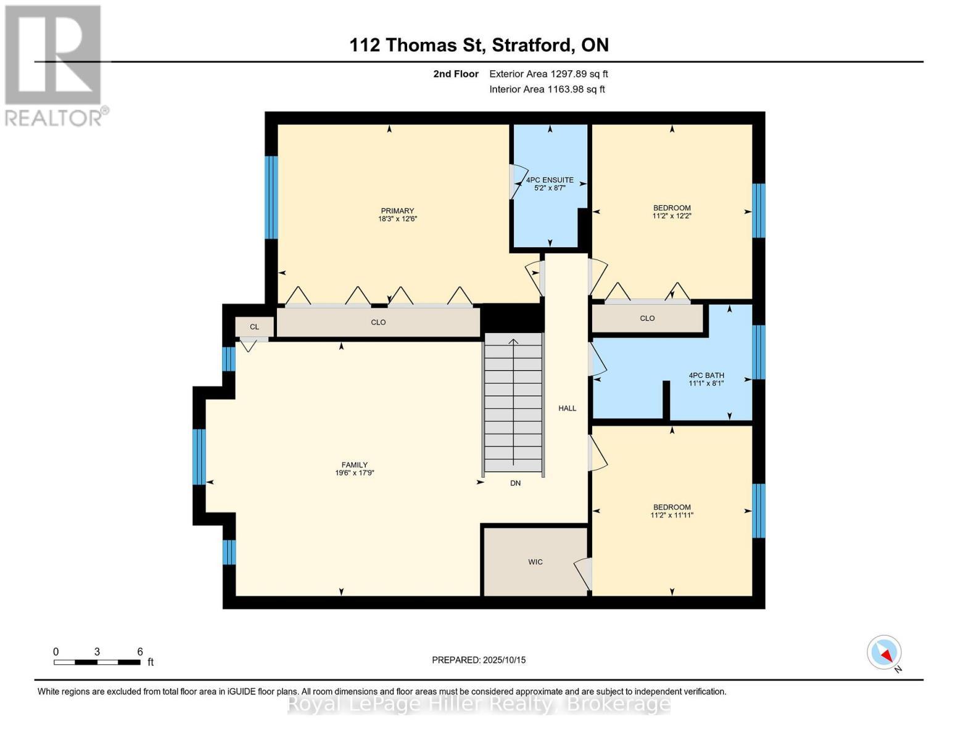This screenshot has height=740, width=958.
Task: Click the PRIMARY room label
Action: click(397, 211)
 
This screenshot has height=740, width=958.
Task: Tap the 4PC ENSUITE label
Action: click(549, 180)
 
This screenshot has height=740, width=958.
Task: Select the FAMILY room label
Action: click(354, 465)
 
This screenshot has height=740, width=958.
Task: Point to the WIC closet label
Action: click(535, 562)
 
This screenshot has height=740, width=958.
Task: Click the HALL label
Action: click(567, 408)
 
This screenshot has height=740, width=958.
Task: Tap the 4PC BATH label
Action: click(706, 375)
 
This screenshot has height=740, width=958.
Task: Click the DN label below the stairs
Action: click(515, 483)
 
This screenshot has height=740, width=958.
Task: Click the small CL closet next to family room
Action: click(254, 327)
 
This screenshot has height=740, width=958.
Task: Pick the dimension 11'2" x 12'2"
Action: click(672, 216)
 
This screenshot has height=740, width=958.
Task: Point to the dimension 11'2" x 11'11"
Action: click(672, 516)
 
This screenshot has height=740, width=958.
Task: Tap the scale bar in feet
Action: click(97, 662)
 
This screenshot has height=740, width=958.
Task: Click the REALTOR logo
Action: click(54, 65)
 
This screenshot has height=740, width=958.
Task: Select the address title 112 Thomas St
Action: click(479, 45)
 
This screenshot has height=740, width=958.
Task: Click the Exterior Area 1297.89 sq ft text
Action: click(548, 74)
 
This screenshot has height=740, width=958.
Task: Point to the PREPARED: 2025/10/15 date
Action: click(479, 660)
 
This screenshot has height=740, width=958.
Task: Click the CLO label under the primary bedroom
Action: click(378, 323)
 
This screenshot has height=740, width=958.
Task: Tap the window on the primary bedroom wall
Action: click(271, 197)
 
